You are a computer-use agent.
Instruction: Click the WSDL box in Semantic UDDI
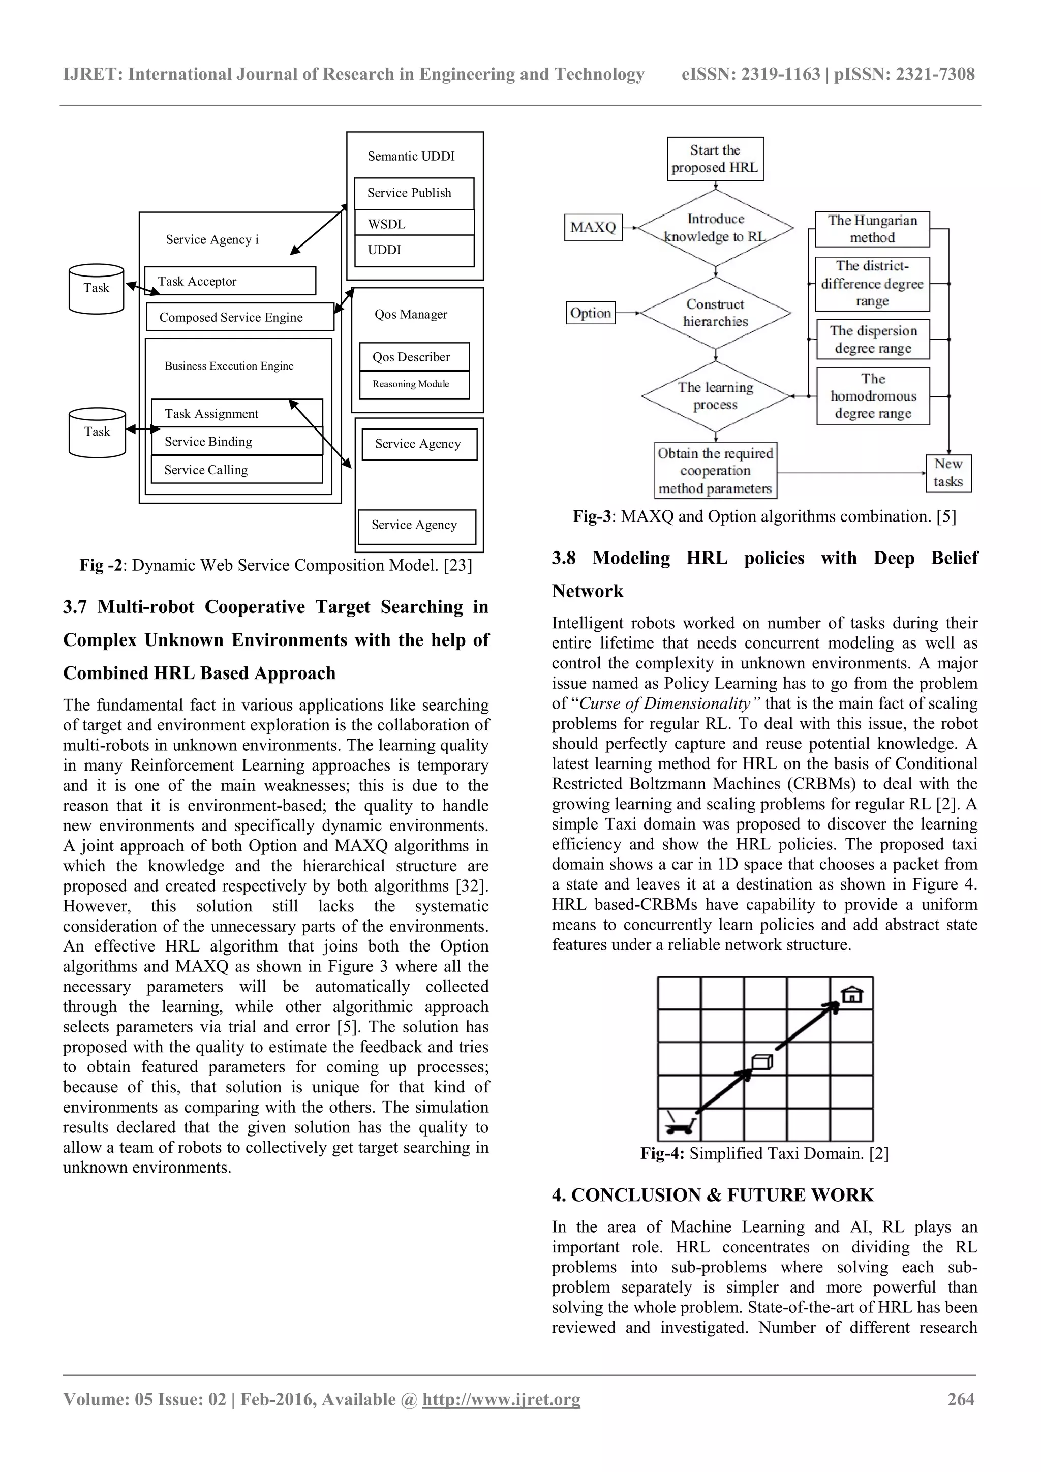(414, 224)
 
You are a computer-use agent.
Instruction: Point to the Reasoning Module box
(414, 384)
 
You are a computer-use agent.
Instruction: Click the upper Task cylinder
(96, 289)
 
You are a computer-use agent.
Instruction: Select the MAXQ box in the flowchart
(593, 227)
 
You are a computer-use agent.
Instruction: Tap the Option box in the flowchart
(590, 313)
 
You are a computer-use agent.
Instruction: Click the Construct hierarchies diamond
(715, 313)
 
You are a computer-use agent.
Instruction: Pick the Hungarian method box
(872, 229)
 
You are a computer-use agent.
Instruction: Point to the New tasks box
(948, 473)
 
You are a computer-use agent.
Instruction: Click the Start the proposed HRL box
(715, 159)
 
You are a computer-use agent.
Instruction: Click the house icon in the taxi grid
(851, 994)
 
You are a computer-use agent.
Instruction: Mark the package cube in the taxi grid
(761, 1062)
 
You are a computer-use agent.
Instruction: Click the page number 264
(961, 1399)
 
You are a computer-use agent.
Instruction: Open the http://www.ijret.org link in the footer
(501, 1399)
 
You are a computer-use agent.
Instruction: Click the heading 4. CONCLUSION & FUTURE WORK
(712, 1195)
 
